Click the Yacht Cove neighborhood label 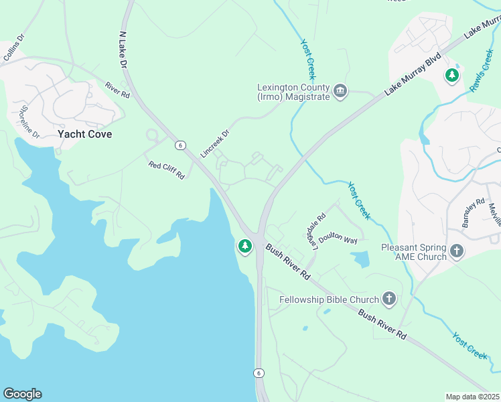[x=84, y=134]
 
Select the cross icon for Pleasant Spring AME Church [x=457, y=251]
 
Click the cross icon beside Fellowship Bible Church [x=388, y=299]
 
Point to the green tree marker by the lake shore [x=244, y=247]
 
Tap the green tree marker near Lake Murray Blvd [x=452, y=75]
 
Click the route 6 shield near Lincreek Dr [x=180, y=145]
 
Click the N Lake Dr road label [x=123, y=50]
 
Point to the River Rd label [x=117, y=90]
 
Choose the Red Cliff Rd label [x=166, y=170]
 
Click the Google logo [x=22, y=393]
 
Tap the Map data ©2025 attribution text [x=472, y=396]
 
